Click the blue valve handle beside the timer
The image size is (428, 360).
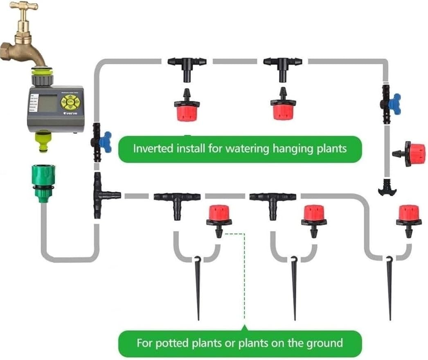[x=106, y=142]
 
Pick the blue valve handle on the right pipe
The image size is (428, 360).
[x=394, y=103]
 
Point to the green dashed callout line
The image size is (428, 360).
[x=244, y=278]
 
